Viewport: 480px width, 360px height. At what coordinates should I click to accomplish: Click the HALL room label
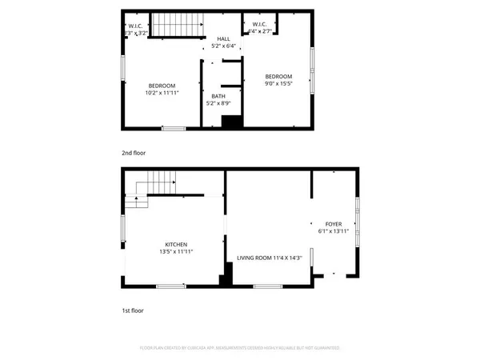click(x=223, y=38)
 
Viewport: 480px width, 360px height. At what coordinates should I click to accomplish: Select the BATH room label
click(x=218, y=96)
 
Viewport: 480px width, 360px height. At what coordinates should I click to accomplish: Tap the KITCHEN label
click(x=175, y=244)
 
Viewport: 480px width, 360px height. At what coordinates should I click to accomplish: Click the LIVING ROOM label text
click(x=256, y=258)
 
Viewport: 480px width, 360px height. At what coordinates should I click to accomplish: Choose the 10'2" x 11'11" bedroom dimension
click(x=162, y=93)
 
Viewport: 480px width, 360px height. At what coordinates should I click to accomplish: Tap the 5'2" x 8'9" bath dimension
click(x=218, y=103)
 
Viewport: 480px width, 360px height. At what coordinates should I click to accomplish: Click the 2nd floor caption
click(x=134, y=152)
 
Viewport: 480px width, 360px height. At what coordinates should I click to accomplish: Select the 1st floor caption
click(x=133, y=310)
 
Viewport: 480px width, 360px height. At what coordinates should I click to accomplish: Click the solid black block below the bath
click(x=231, y=122)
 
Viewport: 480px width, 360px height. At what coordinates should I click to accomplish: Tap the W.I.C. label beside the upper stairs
click(x=136, y=26)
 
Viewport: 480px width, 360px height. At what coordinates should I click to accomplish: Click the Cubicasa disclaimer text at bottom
click(x=240, y=348)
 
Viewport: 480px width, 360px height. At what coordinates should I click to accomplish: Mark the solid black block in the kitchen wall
click(x=226, y=276)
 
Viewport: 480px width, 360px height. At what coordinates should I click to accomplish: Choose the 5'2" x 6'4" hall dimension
click(x=223, y=45)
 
